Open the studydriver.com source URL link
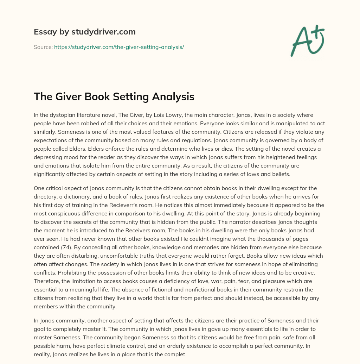tap(119, 47)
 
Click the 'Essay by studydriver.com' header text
tap(84, 32)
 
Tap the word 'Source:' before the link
tap(43, 47)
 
